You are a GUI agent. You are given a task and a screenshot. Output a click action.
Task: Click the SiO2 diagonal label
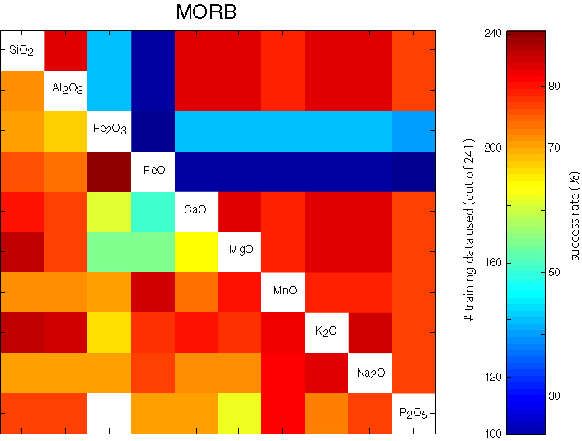[21, 51]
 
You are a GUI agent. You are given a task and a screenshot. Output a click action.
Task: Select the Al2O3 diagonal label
[65, 88]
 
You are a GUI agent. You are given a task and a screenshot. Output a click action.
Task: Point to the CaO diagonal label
[196, 210]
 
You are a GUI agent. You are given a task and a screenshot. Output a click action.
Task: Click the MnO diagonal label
[283, 291]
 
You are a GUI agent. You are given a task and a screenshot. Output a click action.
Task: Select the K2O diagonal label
[326, 331]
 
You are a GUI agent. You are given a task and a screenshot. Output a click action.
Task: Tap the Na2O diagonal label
[370, 373]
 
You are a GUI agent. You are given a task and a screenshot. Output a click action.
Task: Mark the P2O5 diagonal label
[414, 413]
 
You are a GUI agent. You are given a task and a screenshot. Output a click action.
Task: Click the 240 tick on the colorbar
[492, 34]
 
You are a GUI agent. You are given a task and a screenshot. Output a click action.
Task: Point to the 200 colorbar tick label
[492, 148]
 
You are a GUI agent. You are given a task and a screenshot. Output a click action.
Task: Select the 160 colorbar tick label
[492, 263]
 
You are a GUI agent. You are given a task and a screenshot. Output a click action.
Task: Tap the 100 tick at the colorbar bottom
[492, 432]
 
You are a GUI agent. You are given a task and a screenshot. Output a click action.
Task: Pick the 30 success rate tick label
[554, 396]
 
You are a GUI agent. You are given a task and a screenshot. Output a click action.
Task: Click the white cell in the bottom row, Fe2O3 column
[109, 413]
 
